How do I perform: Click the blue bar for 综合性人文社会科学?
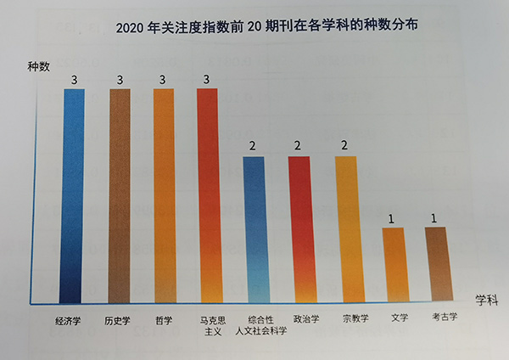(x=255, y=229)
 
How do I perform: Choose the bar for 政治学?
(x=299, y=229)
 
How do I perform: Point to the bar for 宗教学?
(x=346, y=229)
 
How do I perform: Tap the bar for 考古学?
(x=435, y=263)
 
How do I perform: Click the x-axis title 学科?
(x=484, y=298)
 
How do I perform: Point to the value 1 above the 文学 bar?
(x=391, y=219)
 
